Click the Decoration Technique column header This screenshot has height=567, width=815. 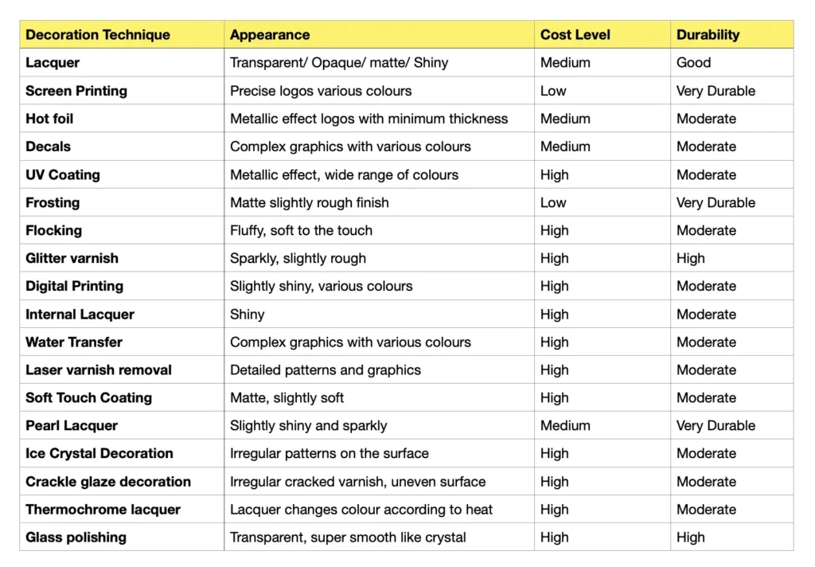tap(98, 35)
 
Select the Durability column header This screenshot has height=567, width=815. tap(708, 35)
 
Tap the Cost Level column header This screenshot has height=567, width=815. tap(575, 35)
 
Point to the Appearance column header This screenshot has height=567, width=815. tap(270, 35)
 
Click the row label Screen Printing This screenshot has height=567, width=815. tap(76, 91)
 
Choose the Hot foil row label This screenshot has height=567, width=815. tap(49, 119)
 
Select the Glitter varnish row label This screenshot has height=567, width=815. tap(72, 258)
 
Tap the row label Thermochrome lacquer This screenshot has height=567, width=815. tap(103, 510)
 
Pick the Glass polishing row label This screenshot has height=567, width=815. tap(76, 538)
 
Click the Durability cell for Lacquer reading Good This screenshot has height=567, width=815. tap(693, 63)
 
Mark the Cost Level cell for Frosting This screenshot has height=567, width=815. tap(553, 202)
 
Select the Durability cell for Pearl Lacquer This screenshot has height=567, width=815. tap(716, 425)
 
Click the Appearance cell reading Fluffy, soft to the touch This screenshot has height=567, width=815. tap(301, 230)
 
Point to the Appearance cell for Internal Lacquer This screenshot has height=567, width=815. tap(248, 314)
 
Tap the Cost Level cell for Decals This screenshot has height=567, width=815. tap(565, 147)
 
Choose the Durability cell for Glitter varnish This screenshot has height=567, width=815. tap(691, 258)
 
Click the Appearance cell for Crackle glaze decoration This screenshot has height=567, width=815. tap(357, 482)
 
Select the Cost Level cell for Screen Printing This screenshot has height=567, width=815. tap(553, 91)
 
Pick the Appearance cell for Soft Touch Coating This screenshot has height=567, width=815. tap(287, 397)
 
